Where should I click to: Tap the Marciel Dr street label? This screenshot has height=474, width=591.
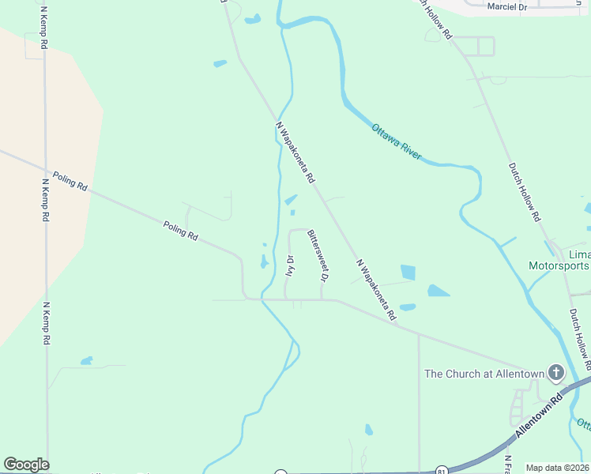pyautogui.click(x=506, y=6)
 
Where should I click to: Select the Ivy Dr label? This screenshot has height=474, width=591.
pyautogui.click(x=290, y=265)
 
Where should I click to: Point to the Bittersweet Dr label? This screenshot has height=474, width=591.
pyautogui.click(x=317, y=256)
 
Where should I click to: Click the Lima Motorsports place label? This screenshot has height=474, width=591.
pyautogui.click(x=559, y=260)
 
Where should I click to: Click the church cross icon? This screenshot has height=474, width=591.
pyautogui.click(x=556, y=372)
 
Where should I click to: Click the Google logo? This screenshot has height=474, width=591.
pyautogui.click(x=26, y=465)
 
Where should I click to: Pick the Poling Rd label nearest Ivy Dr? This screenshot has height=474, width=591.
pyautogui.click(x=181, y=230)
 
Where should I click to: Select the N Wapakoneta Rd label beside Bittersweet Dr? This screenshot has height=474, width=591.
pyautogui.click(x=375, y=289)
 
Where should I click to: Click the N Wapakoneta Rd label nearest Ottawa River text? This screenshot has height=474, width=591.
pyautogui.click(x=295, y=152)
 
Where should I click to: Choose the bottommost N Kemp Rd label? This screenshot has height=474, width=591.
pyautogui.click(x=46, y=323)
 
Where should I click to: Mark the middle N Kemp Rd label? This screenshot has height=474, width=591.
pyautogui.click(x=45, y=200)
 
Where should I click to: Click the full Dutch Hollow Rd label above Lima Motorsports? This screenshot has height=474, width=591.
pyautogui.click(x=525, y=192)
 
